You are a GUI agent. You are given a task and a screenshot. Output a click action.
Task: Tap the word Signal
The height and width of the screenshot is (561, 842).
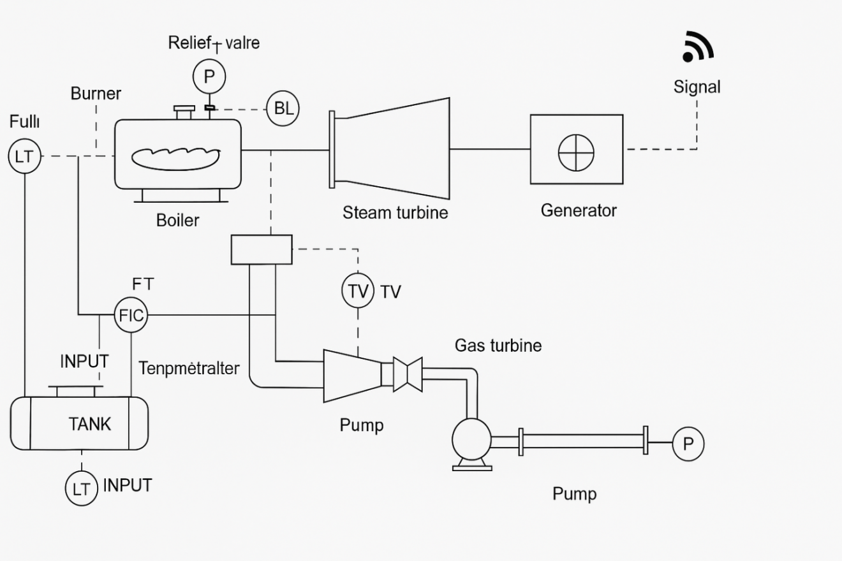click(x=697, y=87)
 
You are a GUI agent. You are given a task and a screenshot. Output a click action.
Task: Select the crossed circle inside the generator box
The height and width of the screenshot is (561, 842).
click(x=576, y=153)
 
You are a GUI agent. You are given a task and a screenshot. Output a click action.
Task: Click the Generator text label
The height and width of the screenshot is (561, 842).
click(x=579, y=210)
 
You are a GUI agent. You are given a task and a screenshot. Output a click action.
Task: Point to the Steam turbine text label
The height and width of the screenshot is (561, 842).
click(x=395, y=212)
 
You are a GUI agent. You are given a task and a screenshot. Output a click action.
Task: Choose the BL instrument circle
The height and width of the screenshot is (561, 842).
click(x=283, y=108)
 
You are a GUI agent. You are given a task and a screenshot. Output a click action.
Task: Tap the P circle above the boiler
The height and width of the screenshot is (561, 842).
click(x=209, y=77)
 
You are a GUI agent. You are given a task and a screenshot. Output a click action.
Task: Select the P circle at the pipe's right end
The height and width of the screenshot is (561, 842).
click(x=688, y=444)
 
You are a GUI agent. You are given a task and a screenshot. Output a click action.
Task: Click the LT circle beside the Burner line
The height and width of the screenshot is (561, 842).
click(x=24, y=156)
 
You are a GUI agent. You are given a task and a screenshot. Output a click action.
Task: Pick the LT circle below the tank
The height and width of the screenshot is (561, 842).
click(x=81, y=489)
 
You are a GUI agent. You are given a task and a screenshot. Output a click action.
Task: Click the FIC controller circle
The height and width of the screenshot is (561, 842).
click(x=131, y=315)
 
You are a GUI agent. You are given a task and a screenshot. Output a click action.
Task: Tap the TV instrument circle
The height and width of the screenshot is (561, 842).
click(x=358, y=291)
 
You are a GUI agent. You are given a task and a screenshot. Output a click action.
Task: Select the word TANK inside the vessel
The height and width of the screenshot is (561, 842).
click(x=89, y=424)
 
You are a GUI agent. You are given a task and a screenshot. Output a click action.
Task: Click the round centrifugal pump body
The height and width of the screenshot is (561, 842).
click(x=471, y=439)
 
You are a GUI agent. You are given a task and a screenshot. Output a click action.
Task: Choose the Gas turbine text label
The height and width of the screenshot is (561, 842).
click(x=498, y=346)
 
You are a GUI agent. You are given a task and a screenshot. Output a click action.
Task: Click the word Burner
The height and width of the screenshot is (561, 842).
click(x=96, y=94)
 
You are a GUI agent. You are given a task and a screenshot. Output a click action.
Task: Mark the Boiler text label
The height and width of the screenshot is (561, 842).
click(x=177, y=221)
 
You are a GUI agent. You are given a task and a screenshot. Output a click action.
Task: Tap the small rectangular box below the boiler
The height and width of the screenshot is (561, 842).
click(x=262, y=249)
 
